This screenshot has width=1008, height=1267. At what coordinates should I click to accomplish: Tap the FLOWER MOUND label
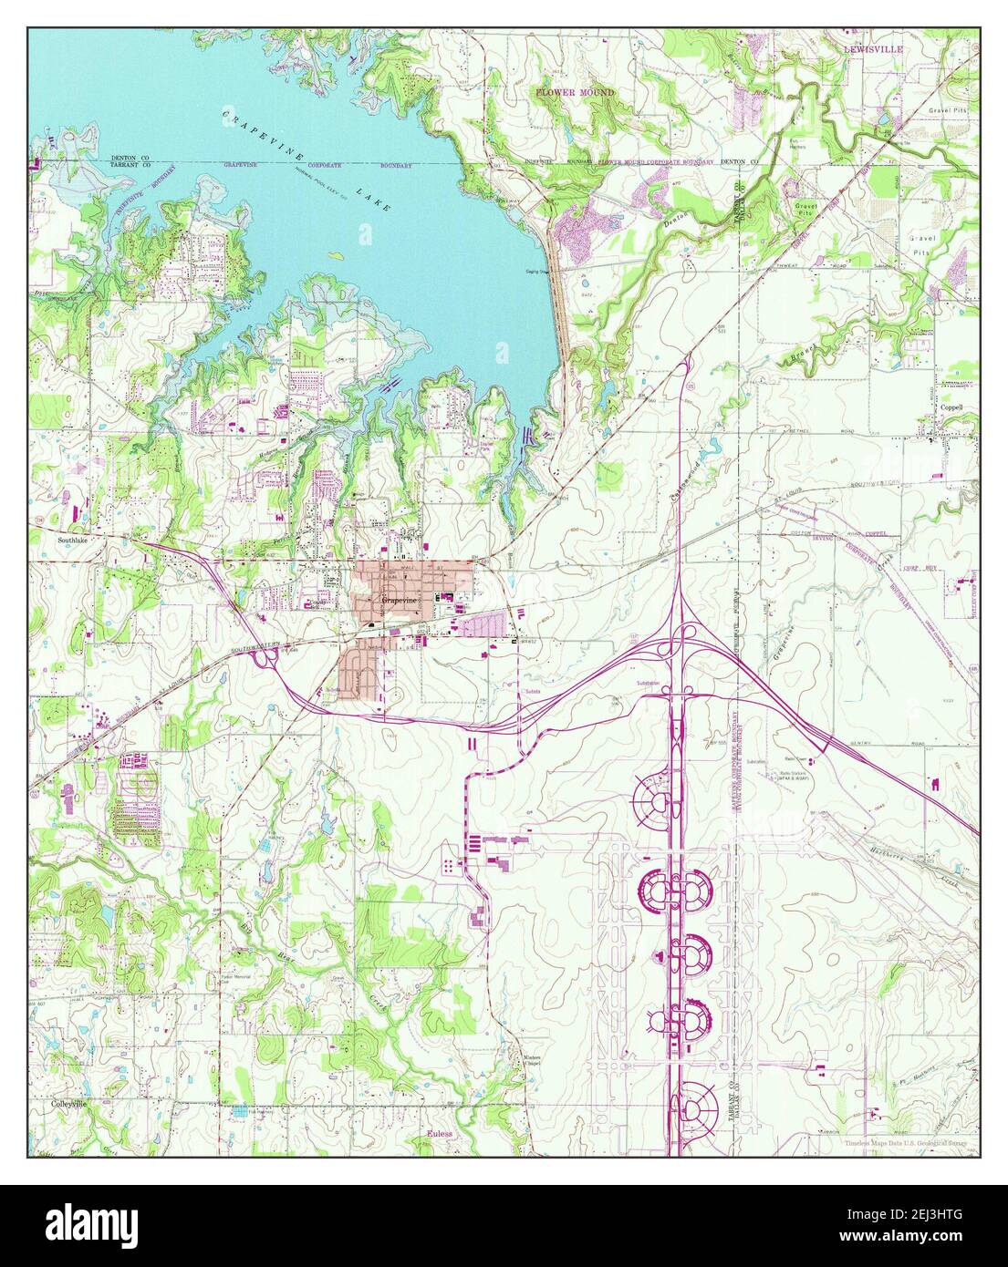tap(575, 93)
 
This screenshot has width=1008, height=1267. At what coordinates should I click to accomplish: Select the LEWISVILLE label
tap(872, 47)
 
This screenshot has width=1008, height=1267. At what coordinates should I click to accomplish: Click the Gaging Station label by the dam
tap(540, 272)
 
